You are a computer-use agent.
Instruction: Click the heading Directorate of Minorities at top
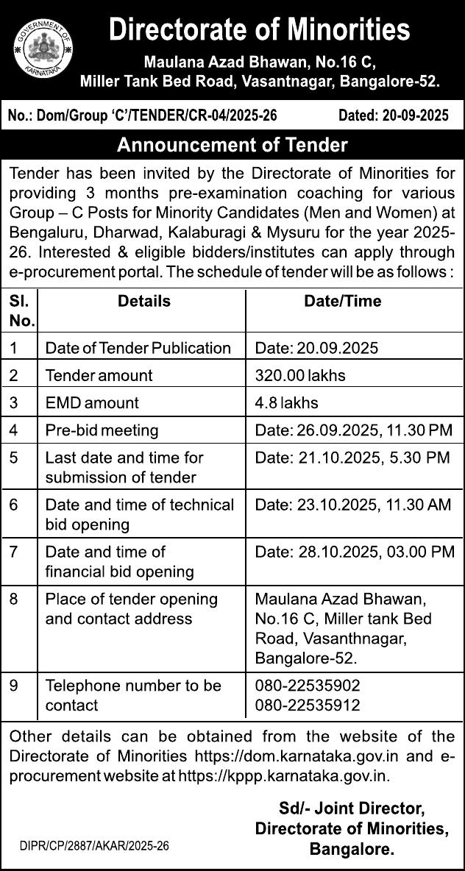[x=259, y=30]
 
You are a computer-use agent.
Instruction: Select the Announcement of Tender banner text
[x=232, y=145]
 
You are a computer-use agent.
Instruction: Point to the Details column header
[x=144, y=301]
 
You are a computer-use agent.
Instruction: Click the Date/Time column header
[x=343, y=301]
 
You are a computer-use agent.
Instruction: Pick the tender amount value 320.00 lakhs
[x=300, y=375]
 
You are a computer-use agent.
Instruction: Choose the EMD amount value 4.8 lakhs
[x=286, y=403]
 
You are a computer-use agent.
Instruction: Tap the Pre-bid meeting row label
[x=102, y=430]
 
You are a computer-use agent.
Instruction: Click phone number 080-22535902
[x=308, y=686]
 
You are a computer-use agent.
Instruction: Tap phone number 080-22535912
[x=308, y=705]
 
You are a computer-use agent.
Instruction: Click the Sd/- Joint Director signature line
[x=351, y=808]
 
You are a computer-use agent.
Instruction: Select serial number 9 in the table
[x=14, y=686]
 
